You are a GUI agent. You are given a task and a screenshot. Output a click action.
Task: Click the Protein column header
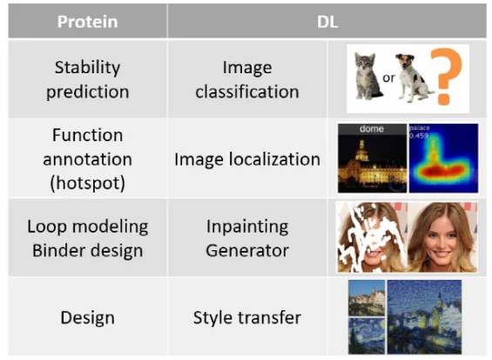[x=88, y=22]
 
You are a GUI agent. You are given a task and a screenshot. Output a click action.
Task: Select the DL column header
[x=327, y=22]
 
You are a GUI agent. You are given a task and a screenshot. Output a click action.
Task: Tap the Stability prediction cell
[x=88, y=79]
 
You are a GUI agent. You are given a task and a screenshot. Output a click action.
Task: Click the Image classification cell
[x=247, y=79]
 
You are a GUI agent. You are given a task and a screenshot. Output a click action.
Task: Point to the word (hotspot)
[x=88, y=183]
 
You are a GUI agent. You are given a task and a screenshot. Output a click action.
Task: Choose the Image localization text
[x=247, y=159]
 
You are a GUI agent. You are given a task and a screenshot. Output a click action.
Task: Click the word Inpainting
[x=247, y=227]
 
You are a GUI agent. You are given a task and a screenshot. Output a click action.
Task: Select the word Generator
[x=247, y=251]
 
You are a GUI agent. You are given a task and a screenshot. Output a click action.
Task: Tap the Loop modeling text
[x=88, y=227]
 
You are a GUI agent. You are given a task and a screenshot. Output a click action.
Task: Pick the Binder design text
[x=88, y=251]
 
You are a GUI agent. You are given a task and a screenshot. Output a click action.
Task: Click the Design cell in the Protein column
[x=88, y=317]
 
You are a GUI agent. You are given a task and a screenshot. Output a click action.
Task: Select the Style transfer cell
[x=247, y=317]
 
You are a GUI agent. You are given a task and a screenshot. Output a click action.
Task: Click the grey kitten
[x=367, y=76]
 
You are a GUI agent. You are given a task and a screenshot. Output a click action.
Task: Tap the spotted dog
[x=413, y=78]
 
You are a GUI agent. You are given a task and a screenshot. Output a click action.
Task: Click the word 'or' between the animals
[x=388, y=78]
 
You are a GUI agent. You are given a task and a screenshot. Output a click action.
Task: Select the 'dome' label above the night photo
[x=372, y=129]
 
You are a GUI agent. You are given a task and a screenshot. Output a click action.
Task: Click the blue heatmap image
[x=444, y=158]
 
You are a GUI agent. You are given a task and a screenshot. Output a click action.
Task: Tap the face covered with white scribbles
[x=372, y=237]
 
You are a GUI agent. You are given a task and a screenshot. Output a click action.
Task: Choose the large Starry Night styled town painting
[x=424, y=317]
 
